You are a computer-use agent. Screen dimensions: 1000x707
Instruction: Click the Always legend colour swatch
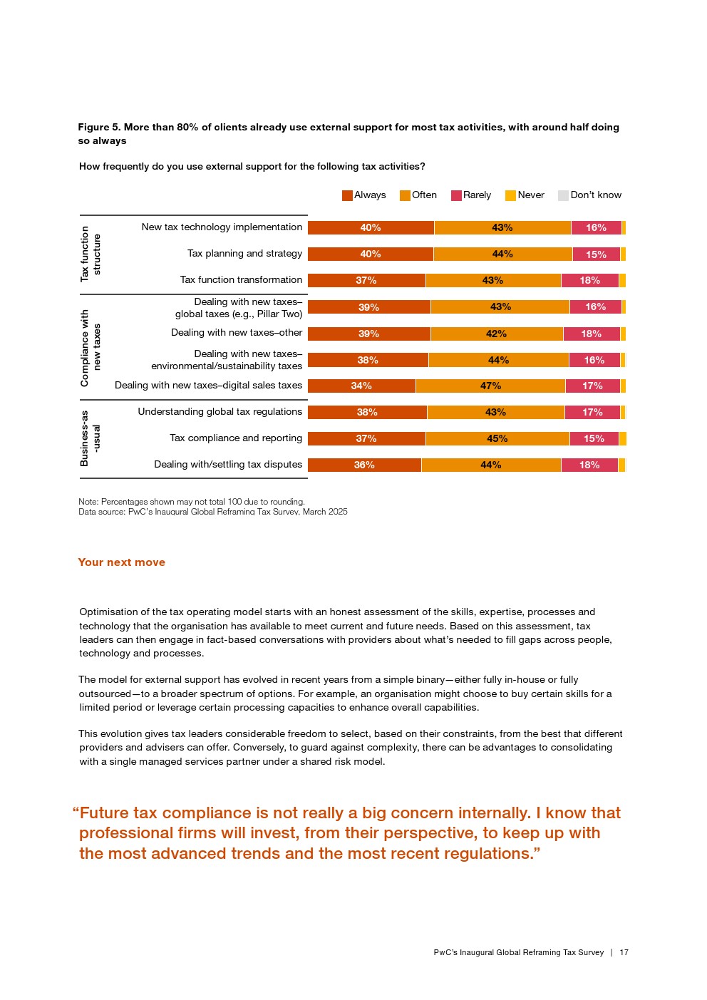[347, 195]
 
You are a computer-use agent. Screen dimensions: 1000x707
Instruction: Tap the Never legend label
[531, 195]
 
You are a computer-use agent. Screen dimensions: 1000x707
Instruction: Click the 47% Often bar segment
[490, 386]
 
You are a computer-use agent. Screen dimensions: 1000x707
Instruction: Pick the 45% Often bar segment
[497, 439]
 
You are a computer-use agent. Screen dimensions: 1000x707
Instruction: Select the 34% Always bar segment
[361, 386]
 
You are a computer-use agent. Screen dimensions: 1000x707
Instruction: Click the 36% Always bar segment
[364, 465]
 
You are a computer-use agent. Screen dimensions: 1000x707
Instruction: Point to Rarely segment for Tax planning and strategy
[596, 254]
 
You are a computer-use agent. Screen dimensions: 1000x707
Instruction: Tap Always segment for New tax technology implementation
[371, 228]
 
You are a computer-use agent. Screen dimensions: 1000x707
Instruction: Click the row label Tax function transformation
[241, 280]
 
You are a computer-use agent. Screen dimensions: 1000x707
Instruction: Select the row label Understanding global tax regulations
[220, 412]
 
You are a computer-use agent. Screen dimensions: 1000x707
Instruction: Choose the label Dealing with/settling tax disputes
[228, 465]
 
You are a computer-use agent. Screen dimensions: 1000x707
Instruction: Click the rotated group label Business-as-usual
[90, 438]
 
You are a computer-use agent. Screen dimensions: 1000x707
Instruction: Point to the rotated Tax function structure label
[90, 254]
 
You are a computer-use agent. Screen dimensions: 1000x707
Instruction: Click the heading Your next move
[121, 562]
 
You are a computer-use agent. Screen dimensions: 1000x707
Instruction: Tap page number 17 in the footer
[624, 953]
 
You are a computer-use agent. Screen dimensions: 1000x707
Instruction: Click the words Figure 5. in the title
[99, 128]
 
